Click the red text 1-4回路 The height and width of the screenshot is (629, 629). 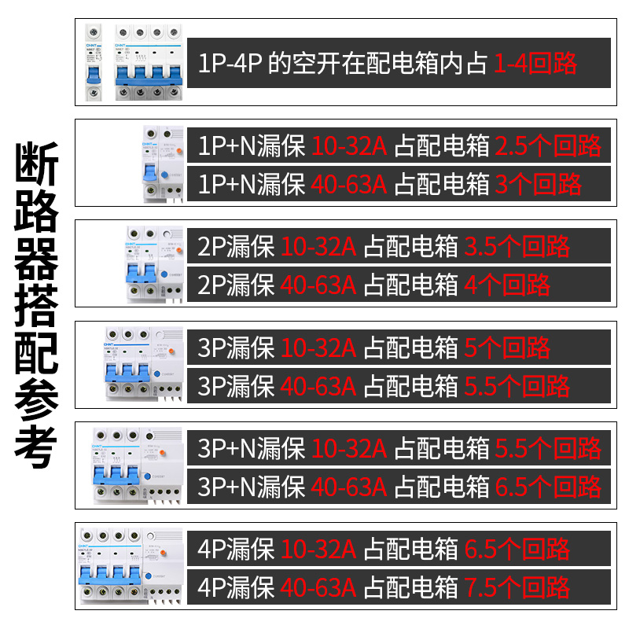point(535,63)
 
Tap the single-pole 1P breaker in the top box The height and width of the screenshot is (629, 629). point(94,63)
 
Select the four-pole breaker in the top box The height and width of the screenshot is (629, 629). point(150,63)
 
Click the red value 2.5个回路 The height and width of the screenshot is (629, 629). point(549,145)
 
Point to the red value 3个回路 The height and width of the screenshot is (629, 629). point(539,185)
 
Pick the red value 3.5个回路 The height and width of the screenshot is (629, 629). point(517,247)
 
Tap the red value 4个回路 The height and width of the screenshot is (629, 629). point(507,285)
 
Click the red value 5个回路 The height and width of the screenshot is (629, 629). point(507,348)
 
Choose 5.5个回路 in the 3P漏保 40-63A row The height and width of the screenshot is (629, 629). point(517,386)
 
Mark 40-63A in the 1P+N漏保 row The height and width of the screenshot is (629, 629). point(349,185)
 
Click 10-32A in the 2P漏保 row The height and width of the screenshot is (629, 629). point(318,247)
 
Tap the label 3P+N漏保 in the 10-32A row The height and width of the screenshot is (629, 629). point(252,448)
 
